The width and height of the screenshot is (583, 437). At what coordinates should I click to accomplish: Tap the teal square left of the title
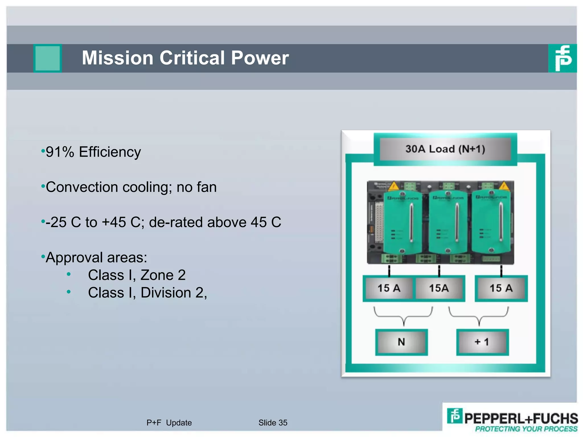click(48, 58)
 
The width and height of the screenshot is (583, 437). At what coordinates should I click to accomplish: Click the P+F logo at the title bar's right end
click(563, 58)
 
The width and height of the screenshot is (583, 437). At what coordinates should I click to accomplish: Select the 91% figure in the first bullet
click(60, 152)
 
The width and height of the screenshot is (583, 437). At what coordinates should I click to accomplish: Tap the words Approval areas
click(96, 257)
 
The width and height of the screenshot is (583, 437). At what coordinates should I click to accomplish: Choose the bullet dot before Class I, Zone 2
click(69, 275)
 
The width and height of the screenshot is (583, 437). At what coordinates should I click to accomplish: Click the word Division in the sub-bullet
click(166, 293)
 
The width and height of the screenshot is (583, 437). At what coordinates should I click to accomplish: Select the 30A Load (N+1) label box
click(445, 149)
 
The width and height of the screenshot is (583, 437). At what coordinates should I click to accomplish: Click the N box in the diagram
click(401, 342)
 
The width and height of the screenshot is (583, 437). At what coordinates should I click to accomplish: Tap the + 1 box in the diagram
click(482, 342)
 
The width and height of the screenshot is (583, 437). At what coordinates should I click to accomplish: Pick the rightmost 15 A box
click(501, 288)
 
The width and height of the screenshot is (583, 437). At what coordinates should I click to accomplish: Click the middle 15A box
click(439, 288)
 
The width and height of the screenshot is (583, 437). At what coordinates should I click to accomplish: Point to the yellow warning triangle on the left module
click(394, 186)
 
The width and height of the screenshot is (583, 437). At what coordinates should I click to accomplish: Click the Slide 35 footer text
click(273, 423)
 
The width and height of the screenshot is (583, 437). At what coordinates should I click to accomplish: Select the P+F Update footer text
click(169, 423)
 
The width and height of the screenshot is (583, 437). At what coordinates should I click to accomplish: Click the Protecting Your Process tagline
click(526, 429)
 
